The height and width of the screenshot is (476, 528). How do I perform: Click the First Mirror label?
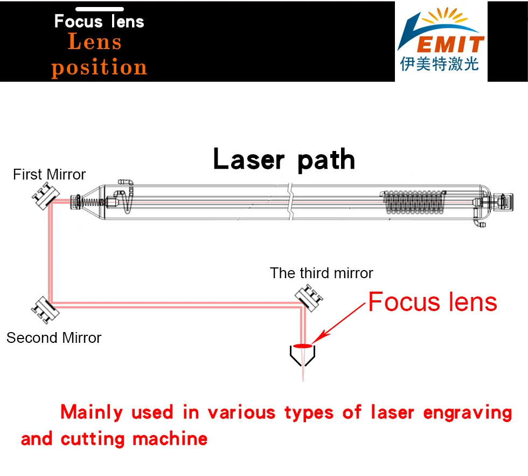pyautogui.click(x=49, y=175)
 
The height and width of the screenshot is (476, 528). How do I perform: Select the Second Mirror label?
pyautogui.click(x=54, y=338)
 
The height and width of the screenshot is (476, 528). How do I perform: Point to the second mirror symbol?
pyautogui.click(x=43, y=308)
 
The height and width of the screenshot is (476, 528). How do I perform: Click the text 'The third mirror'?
pyautogui.click(x=322, y=273)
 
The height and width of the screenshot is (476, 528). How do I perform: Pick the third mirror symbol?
pyautogui.click(x=309, y=296)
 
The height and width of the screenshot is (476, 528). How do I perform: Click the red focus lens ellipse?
pyautogui.click(x=303, y=346)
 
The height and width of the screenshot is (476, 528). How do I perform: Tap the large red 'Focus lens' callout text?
pyautogui.click(x=432, y=302)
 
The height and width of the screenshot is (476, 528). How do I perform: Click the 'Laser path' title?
pyautogui.click(x=284, y=160)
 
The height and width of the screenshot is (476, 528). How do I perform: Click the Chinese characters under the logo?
pyautogui.click(x=439, y=65)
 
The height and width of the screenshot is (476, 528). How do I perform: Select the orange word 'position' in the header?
pyautogui.click(x=99, y=68)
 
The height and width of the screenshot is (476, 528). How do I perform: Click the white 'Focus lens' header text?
pyautogui.click(x=99, y=22)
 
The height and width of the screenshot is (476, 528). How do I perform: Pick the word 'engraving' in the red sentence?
pyautogui.click(x=467, y=412)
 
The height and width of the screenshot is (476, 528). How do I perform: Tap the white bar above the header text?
pyautogui.click(x=99, y=9)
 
